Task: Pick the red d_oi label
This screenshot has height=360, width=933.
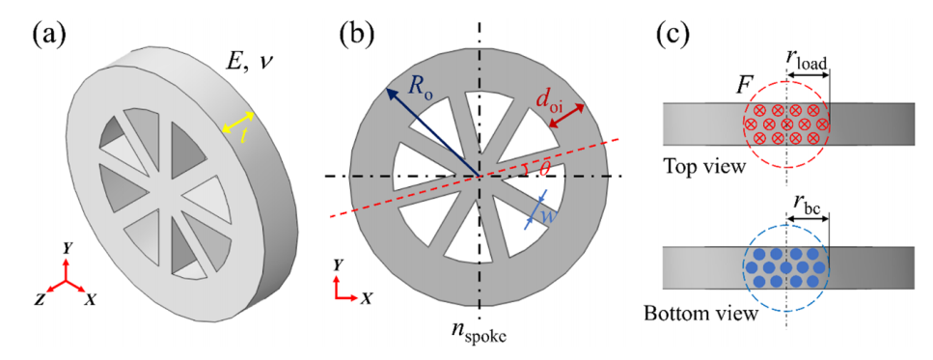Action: click(548, 91)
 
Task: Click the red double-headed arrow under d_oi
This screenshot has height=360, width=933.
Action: click(565, 116)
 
